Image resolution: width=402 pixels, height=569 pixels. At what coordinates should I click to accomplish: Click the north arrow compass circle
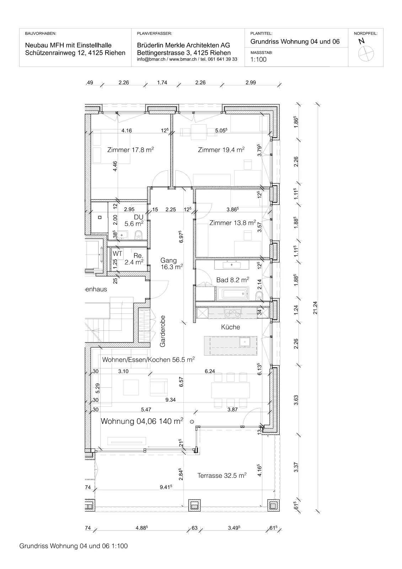(366, 54)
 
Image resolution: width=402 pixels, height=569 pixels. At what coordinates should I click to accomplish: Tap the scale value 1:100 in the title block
(258, 59)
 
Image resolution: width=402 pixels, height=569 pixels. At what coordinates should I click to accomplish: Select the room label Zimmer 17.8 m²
(130, 150)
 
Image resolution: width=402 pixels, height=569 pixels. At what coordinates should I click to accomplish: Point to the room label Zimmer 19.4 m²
(221, 150)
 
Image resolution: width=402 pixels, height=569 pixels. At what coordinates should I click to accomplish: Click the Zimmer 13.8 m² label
(232, 223)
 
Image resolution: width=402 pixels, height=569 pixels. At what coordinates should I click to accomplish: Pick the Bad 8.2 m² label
(232, 280)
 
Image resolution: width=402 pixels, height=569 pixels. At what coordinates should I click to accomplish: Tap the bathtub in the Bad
(232, 294)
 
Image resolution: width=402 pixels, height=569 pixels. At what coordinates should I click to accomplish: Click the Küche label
(231, 327)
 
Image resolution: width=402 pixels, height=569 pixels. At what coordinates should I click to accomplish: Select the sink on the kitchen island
(245, 342)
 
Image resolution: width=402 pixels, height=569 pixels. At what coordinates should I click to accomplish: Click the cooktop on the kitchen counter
(232, 313)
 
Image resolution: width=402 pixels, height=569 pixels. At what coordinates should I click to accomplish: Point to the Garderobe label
(162, 331)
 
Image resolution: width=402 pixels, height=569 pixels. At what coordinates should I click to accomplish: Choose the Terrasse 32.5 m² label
(222, 475)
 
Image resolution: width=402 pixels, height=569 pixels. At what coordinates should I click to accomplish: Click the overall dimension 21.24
(315, 308)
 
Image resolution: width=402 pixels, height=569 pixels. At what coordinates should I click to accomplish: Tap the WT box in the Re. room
(117, 254)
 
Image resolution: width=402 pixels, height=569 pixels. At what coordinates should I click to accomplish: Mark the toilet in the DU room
(139, 235)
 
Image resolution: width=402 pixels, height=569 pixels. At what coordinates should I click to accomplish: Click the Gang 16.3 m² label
(172, 264)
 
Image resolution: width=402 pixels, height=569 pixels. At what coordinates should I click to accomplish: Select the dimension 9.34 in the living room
(170, 400)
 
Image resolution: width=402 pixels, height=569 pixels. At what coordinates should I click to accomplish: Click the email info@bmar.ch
(151, 59)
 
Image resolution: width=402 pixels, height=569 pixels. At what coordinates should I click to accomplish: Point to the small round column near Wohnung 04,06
(192, 422)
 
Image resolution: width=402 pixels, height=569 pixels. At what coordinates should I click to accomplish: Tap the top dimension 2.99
(251, 82)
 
